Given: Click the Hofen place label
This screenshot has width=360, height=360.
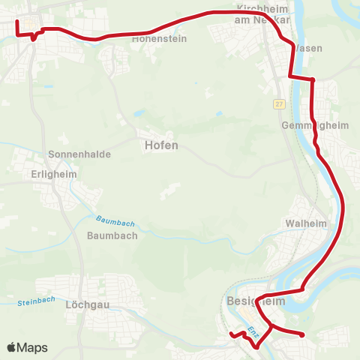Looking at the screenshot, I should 161,145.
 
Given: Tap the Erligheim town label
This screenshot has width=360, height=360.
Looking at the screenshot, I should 57,173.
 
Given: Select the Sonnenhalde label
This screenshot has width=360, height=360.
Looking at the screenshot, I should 79,154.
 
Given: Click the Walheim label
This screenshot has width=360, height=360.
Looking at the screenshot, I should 304,223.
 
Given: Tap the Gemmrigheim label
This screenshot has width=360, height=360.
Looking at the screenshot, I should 315,125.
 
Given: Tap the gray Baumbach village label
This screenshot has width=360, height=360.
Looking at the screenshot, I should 112,235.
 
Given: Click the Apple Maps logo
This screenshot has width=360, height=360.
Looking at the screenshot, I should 27,347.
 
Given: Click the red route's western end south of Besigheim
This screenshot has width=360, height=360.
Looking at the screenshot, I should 231,335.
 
